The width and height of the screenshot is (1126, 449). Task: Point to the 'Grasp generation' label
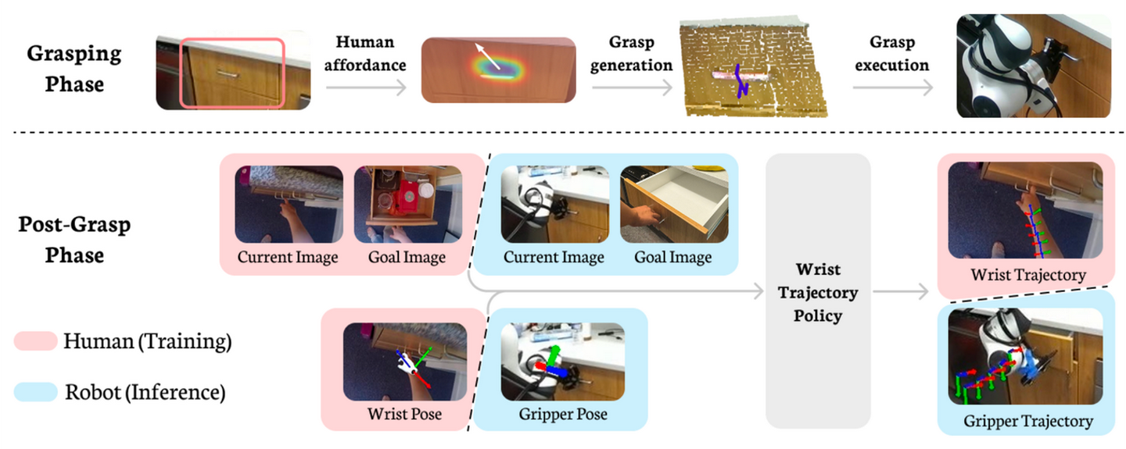(631, 53)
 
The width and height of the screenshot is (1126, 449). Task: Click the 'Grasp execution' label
(892, 53)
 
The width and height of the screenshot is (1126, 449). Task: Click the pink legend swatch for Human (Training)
(35, 341)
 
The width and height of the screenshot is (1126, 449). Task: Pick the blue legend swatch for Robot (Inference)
(35, 391)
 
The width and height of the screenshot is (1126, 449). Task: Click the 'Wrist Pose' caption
(404, 414)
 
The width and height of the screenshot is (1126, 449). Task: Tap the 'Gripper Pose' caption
(563, 414)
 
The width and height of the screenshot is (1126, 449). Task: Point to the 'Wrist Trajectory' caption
(1016, 274)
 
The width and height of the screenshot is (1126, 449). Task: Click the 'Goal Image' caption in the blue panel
(672, 257)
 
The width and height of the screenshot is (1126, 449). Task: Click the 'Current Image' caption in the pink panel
(288, 257)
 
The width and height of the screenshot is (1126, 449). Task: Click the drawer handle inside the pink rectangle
(226, 73)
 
